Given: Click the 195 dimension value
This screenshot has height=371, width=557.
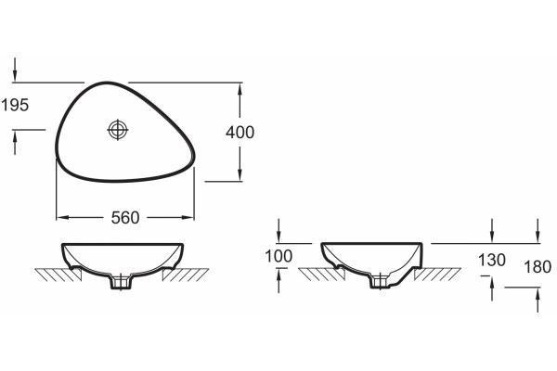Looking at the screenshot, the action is click(15, 105).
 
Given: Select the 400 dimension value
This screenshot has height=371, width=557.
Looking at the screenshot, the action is click(240, 133).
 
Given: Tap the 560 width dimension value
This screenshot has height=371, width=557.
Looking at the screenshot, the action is click(125, 218).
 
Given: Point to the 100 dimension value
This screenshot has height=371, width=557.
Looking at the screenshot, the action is click(278, 256).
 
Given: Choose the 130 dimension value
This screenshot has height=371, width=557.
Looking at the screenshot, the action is click(492, 260).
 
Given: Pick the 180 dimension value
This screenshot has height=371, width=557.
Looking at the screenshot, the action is click(538, 266).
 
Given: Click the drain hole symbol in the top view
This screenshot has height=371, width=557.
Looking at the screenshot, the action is click(118, 130).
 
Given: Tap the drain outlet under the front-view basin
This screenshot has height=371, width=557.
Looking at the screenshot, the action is click(121, 281).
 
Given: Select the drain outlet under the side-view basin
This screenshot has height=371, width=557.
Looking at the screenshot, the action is click(381, 280).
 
